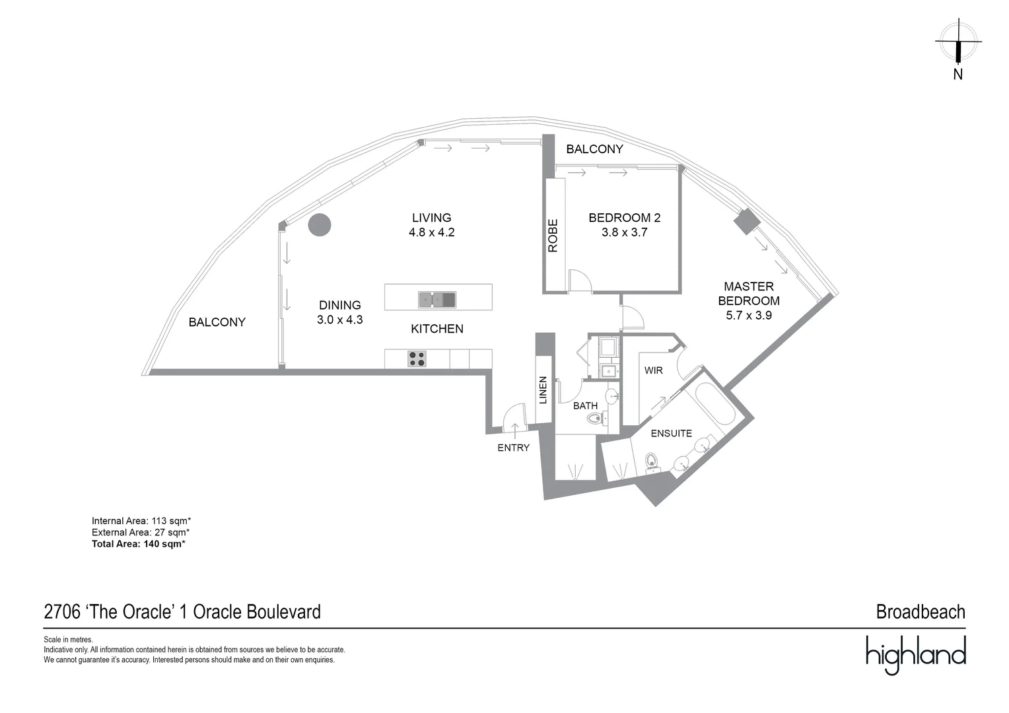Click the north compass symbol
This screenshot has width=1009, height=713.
pyautogui.click(x=957, y=42)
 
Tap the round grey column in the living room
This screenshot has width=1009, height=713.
pyautogui.click(x=319, y=225)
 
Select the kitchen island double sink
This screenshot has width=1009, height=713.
pyautogui.click(x=437, y=300)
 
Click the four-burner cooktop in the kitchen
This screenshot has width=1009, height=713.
pyautogui.click(x=417, y=358)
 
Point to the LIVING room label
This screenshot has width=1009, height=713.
pyautogui.click(x=431, y=218)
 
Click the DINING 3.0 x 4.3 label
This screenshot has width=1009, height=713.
pyautogui.click(x=339, y=312)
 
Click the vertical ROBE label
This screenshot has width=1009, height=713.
pyautogui.click(x=553, y=236)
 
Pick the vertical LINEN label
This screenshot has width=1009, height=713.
pyautogui.click(x=543, y=390)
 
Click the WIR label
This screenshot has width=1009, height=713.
pyautogui.click(x=653, y=370)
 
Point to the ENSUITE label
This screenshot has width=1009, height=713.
pyautogui.click(x=671, y=433)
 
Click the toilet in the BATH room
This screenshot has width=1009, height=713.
pyautogui.click(x=597, y=418)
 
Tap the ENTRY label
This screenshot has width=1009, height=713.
pyautogui.click(x=513, y=448)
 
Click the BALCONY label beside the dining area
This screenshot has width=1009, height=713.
pyautogui.click(x=217, y=322)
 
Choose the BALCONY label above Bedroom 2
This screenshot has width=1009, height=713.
pyautogui.click(x=594, y=149)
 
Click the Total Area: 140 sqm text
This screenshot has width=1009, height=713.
pyautogui.click(x=138, y=544)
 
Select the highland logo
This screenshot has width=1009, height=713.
pyautogui.click(x=915, y=654)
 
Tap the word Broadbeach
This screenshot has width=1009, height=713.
pyautogui.click(x=920, y=612)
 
